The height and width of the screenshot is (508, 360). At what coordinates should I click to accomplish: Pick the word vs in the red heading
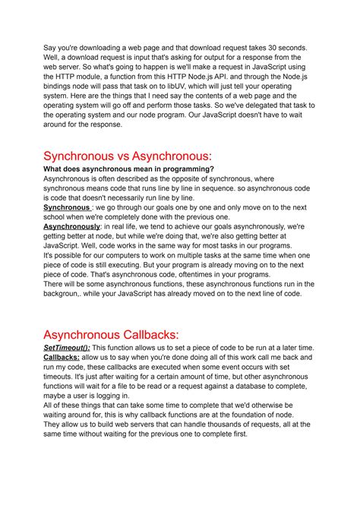point(147,156)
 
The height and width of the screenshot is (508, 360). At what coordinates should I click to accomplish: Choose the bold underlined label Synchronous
point(66,207)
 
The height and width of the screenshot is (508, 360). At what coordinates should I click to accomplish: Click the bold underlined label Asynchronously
point(72,227)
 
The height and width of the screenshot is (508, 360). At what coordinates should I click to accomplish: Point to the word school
point(61,217)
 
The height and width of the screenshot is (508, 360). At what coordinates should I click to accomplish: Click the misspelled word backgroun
point(65,294)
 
